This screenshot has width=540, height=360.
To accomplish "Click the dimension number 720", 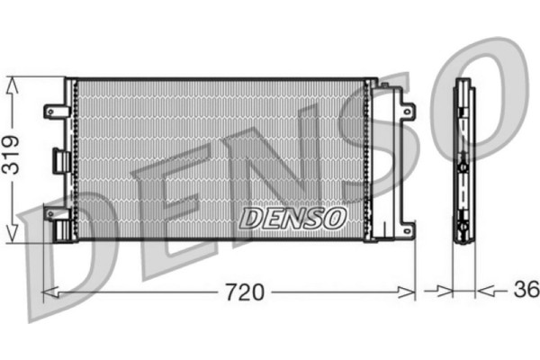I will click(x=243, y=292).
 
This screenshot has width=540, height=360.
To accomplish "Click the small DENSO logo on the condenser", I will click(x=292, y=217).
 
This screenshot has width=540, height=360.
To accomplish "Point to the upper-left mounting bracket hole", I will click(x=50, y=112).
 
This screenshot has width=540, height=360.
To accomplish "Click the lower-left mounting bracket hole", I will click(x=50, y=214).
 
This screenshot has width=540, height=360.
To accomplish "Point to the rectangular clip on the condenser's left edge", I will click(x=61, y=161).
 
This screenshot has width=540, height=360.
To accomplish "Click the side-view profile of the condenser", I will click(x=463, y=162).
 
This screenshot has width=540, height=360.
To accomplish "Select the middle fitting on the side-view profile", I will click(x=463, y=166).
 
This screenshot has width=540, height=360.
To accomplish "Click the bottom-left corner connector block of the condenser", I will click(x=63, y=230).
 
